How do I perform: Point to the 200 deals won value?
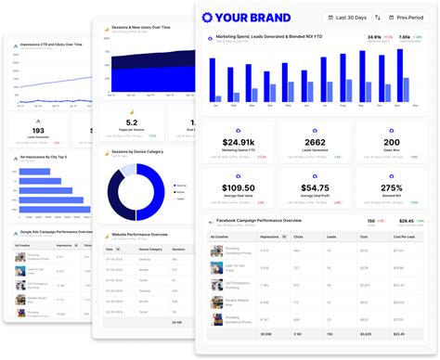pyautogui.click(x=393, y=144)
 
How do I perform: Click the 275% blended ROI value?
pyautogui.click(x=393, y=188)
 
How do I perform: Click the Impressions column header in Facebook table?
pyautogui.click(x=273, y=237)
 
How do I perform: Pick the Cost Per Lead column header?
pyautogui.click(x=400, y=237)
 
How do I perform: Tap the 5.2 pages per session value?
pyautogui.click(x=132, y=122)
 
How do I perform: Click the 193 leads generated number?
pyautogui.click(x=38, y=131)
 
